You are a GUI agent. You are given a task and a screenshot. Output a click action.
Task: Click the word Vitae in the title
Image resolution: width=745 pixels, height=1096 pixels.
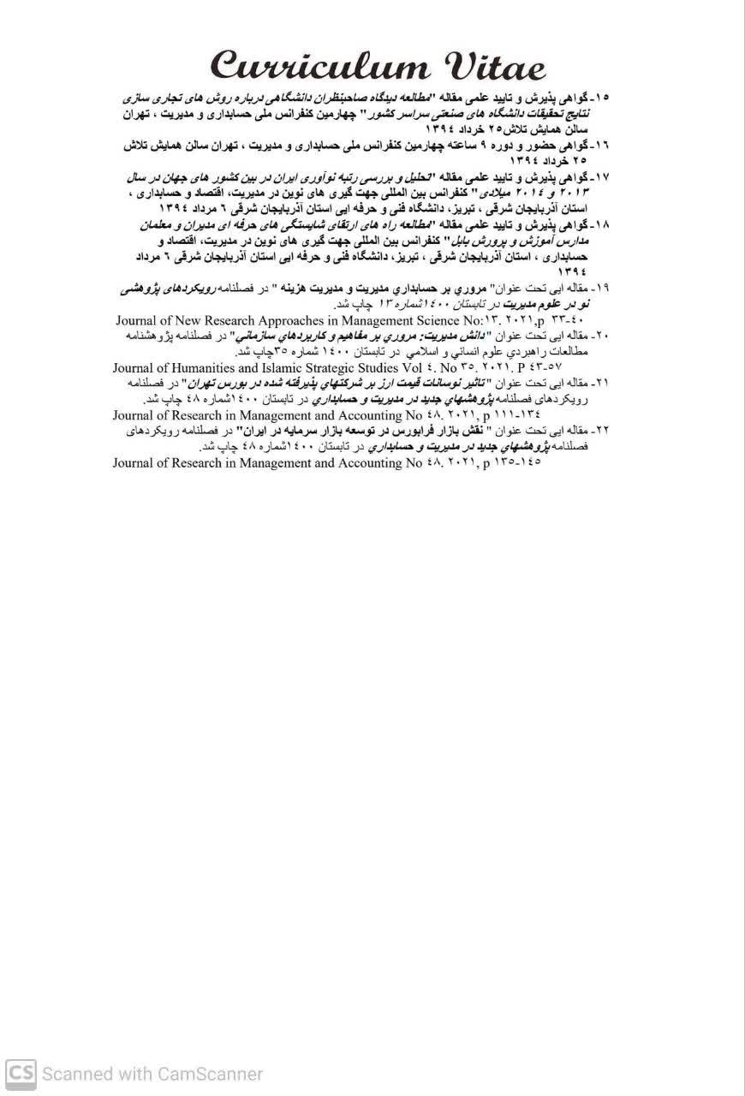(488, 66)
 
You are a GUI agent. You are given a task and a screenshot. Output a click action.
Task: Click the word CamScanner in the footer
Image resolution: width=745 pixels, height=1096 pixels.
(210, 1074)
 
